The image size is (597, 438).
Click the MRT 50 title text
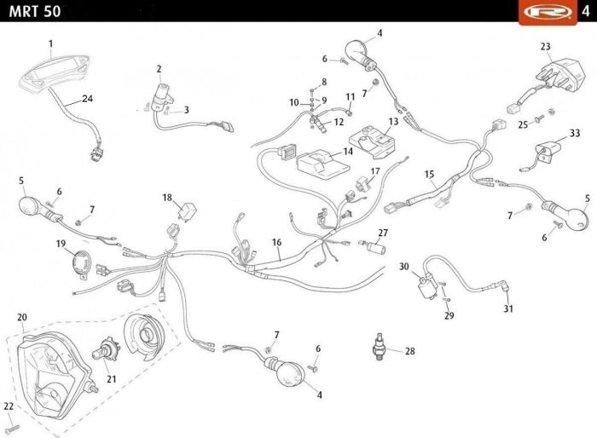click(35, 11)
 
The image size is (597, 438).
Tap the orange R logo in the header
click(548, 12)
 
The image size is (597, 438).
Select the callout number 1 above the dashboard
click(50, 44)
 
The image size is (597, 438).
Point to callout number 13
click(393, 121)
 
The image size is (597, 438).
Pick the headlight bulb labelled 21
click(107, 349)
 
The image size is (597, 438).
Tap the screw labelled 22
click(13, 429)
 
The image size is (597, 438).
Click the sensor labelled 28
click(379, 346)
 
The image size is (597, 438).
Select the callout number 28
click(409, 351)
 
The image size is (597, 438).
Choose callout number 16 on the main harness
click(277, 242)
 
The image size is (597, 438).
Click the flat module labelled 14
click(323, 164)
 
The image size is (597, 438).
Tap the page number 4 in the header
click(586, 11)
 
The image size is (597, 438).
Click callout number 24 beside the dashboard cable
click(88, 99)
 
